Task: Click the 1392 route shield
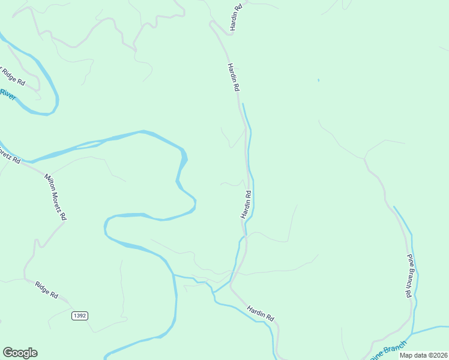pyautogui.click(x=80, y=316)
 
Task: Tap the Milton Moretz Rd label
pyautogui.click(x=55, y=197)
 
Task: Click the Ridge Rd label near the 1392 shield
pyautogui.click(x=46, y=290)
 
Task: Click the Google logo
pyautogui.click(x=20, y=353)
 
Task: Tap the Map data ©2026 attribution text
pyautogui.click(x=423, y=355)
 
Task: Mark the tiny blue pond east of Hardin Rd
pyautogui.click(x=318, y=80)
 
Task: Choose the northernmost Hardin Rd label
pyautogui.click(x=235, y=17)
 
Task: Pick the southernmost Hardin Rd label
pyautogui.click(x=261, y=313)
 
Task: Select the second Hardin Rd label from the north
pyautogui.click(x=234, y=77)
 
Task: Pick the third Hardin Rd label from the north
pyautogui.click(x=246, y=204)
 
